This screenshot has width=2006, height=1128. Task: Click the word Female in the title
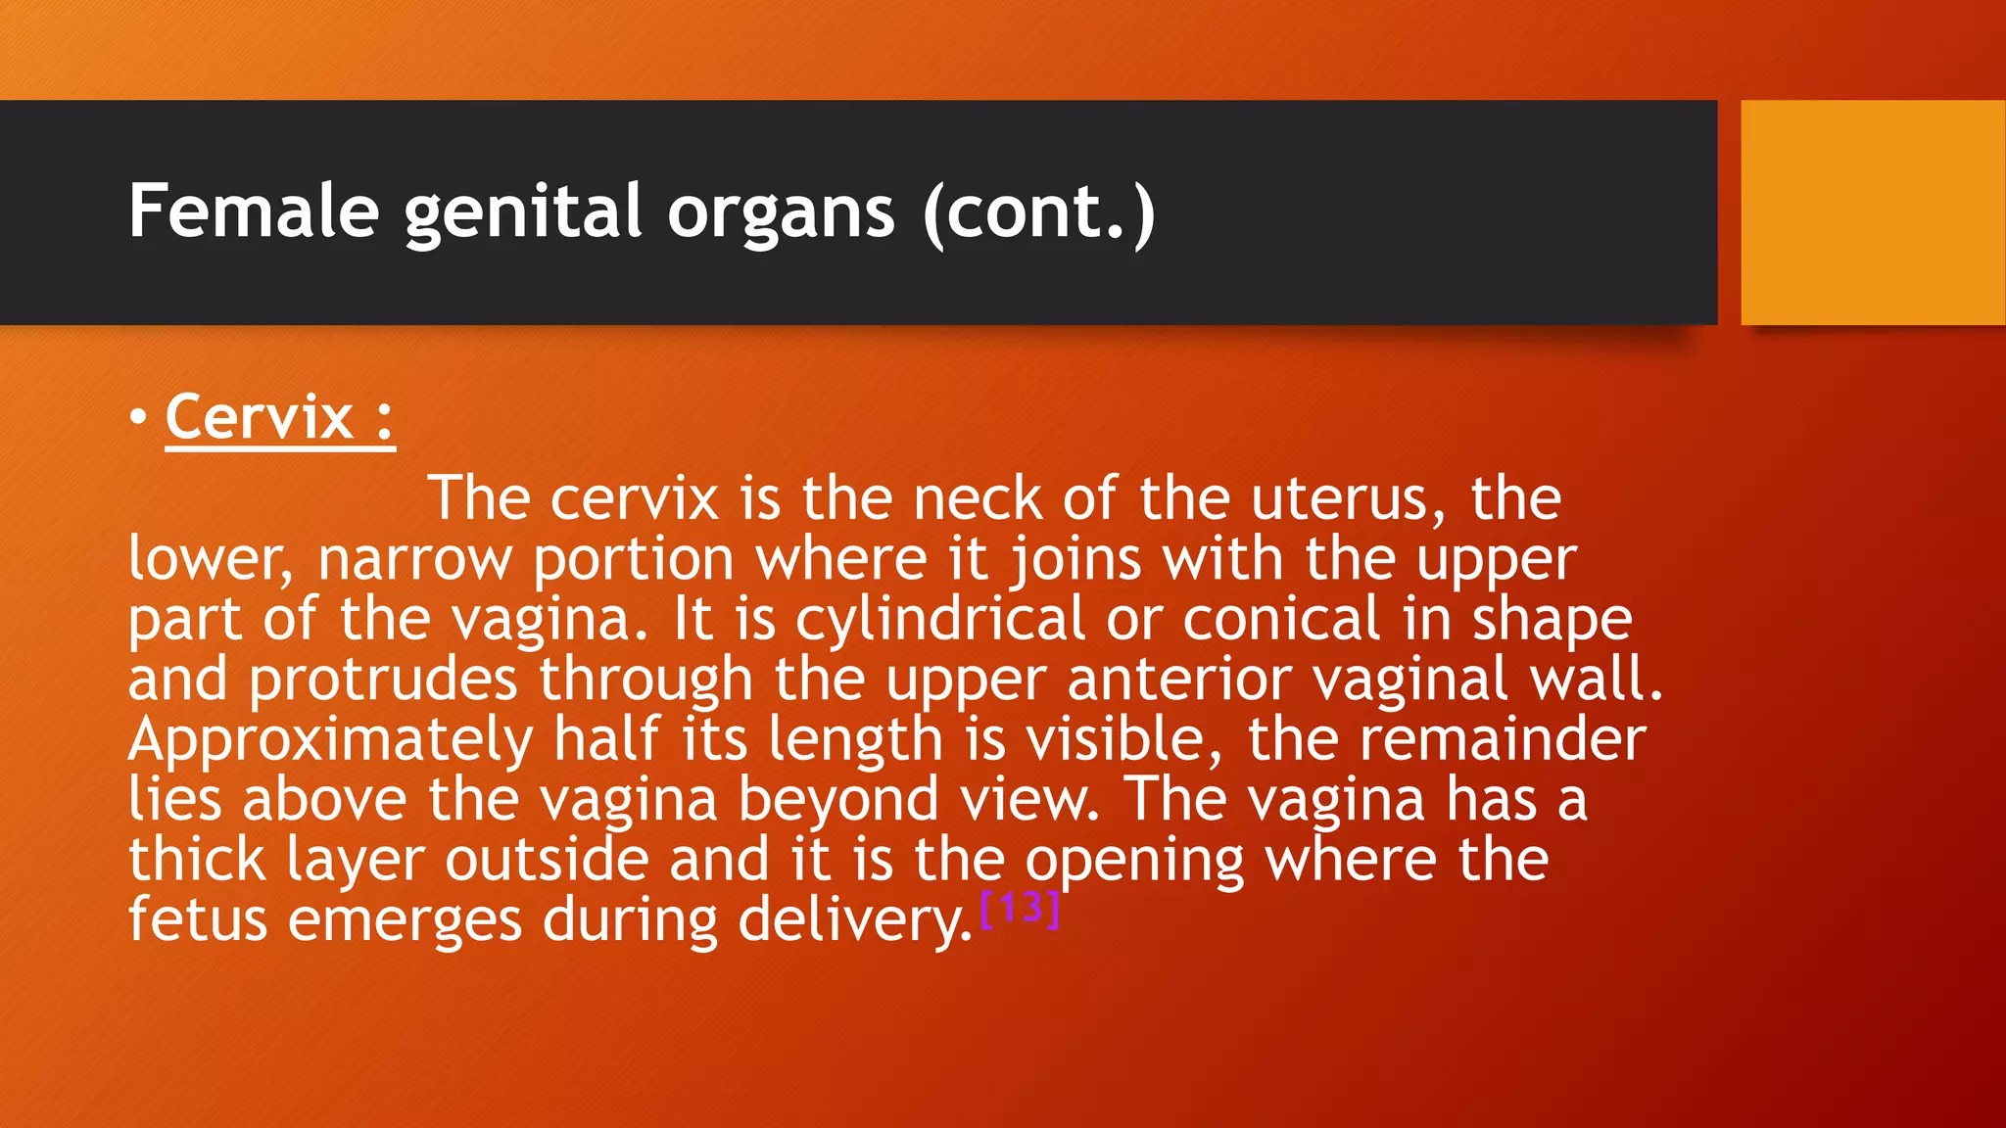coord(254,211)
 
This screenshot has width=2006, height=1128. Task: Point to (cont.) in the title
coord(1039,211)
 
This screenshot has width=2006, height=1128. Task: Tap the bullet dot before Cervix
coord(138,417)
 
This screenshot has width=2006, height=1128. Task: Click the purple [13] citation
coord(1020,908)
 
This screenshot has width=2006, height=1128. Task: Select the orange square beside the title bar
coord(1873,211)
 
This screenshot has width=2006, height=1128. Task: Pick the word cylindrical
coord(939,620)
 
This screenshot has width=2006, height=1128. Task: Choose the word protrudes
coord(382,681)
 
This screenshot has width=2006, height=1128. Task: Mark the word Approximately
coord(330,741)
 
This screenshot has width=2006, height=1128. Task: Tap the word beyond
coord(837,801)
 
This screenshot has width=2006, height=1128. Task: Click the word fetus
coord(198,920)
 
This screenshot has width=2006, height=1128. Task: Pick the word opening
coord(1134,862)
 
